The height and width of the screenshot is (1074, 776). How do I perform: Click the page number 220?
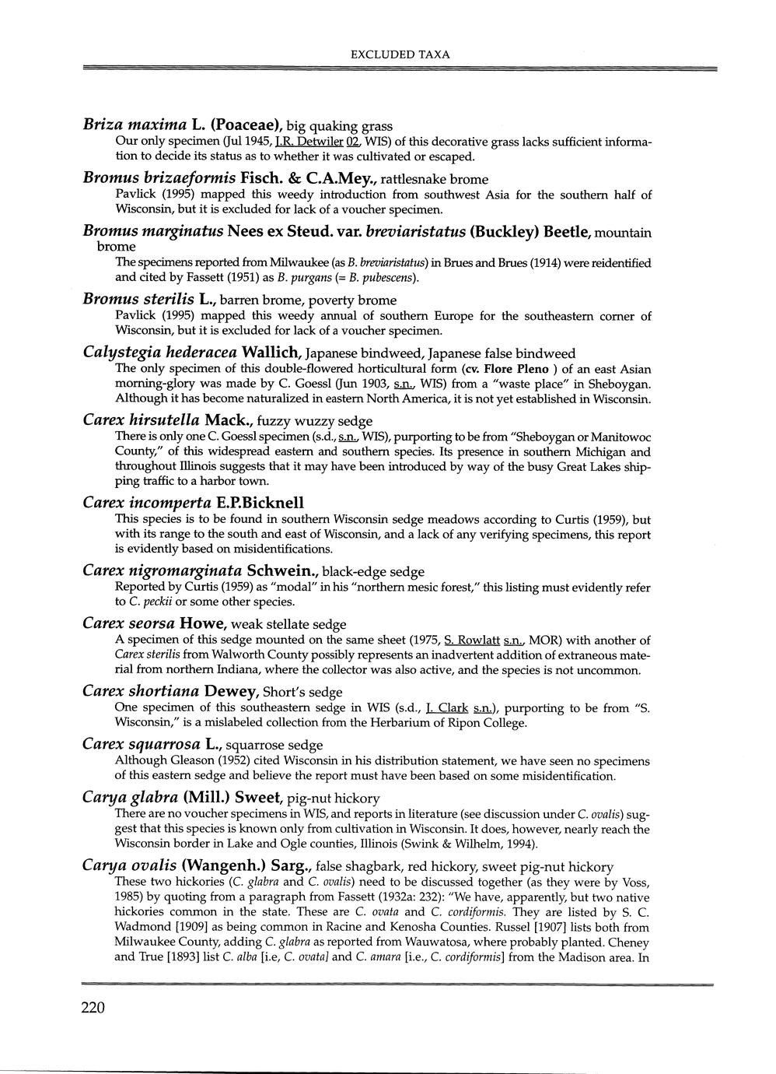(x=92, y=1009)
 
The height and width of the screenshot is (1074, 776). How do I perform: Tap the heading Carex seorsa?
(x=128, y=623)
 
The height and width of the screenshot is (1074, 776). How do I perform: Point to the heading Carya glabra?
(x=130, y=797)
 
